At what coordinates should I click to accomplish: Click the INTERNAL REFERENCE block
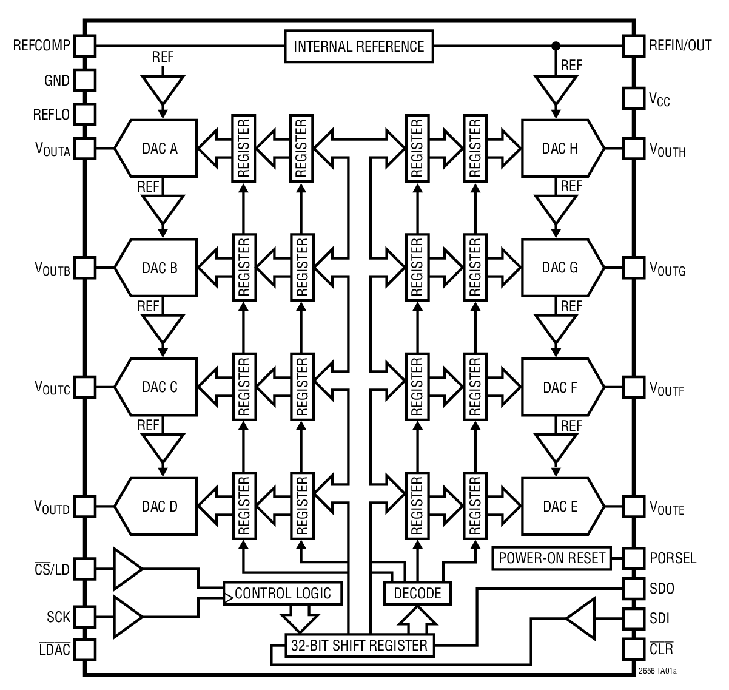pyautogui.click(x=359, y=47)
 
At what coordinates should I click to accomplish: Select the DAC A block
pyautogui.click(x=159, y=149)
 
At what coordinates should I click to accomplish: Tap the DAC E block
pyautogui.click(x=560, y=506)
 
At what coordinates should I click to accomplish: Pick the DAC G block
pyautogui.click(x=560, y=268)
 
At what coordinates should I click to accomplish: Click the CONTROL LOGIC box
pyautogui.click(x=283, y=593)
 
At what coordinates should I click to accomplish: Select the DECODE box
pyautogui.click(x=417, y=593)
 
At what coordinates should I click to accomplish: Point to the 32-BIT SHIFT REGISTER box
pyautogui.click(x=359, y=645)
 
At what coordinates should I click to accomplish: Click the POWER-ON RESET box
pyautogui.click(x=552, y=558)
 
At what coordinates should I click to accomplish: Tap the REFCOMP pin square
pyautogui.click(x=85, y=46)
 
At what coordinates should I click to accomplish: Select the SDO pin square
pyautogui.click(x=633, y=588)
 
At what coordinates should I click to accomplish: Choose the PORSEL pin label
pyautogui.click(x=673, y=558)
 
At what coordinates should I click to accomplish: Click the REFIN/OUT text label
pyautogui.click(x=680, y=46)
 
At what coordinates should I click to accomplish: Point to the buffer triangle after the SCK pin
pyautogui.click(x=126, y=617)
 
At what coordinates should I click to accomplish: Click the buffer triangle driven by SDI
pyautogui.click(x=582, y=618)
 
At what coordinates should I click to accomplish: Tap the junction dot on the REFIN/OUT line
pyautogui.click(x=555, y=46)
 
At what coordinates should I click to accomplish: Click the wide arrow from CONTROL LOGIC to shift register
pyautogui.click(x=299, y=620)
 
